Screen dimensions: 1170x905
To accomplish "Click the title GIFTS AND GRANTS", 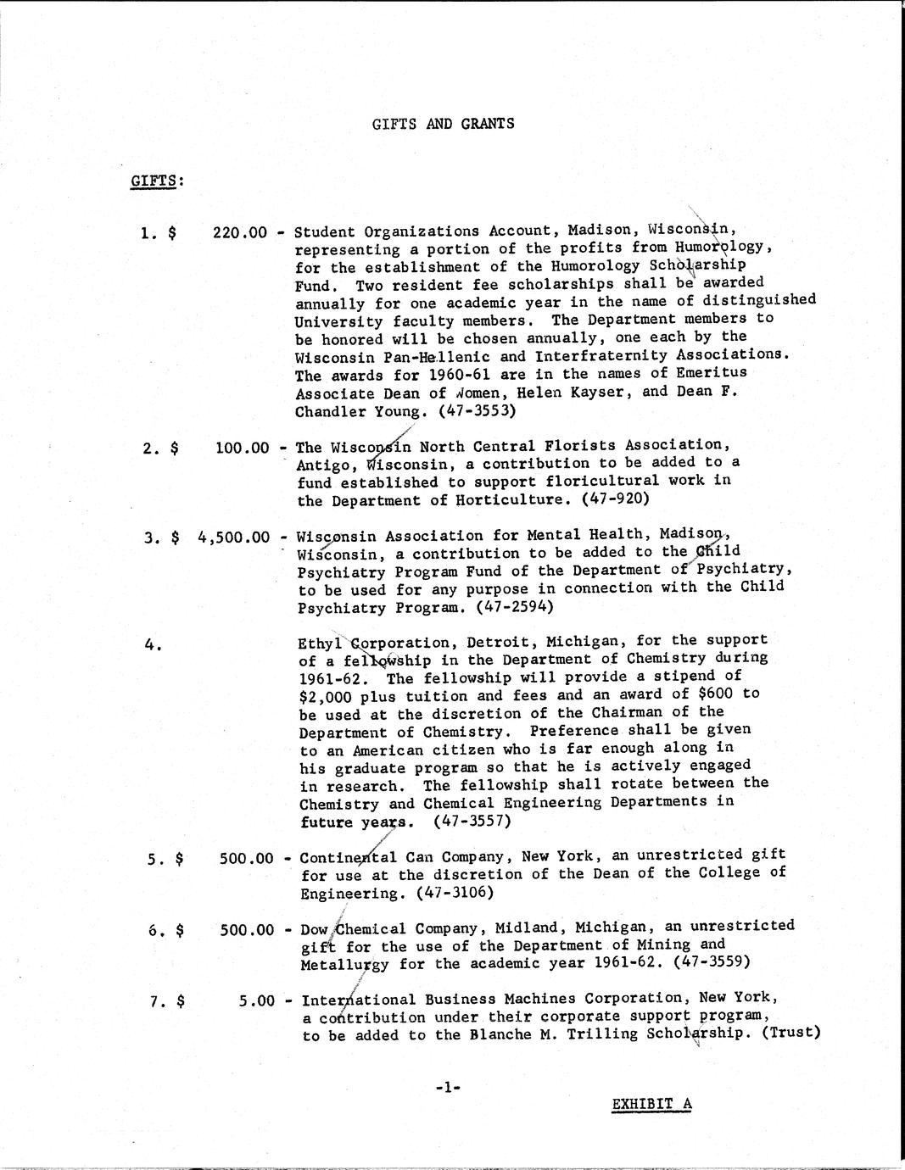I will pos(443,124).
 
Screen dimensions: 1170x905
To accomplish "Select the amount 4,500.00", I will pos(233,537).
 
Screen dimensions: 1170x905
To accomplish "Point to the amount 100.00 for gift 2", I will pos(242,447).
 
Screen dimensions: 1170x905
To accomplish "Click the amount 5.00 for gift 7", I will pos(257,1000).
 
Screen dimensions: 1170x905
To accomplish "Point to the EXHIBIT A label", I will pos(651,1104).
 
